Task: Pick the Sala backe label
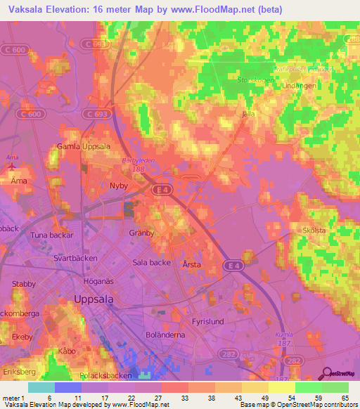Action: pos(151,262)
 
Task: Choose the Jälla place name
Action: pos(247,113)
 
